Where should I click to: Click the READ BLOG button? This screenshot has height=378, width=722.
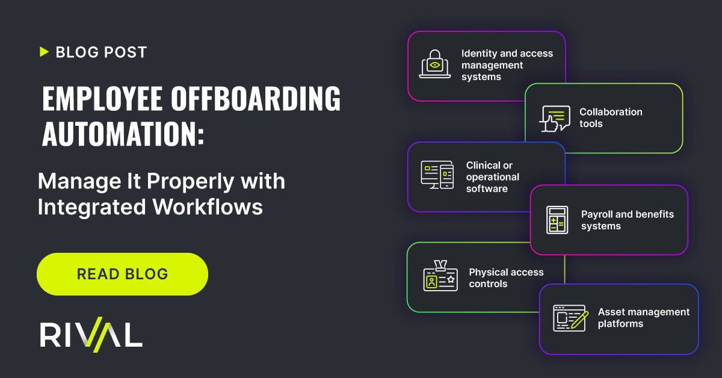coord(122,274)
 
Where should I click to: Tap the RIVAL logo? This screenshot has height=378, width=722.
coord(91,335)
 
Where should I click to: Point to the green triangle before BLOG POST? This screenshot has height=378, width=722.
coord(44,52)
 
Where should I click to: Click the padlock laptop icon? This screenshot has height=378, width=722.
coord(435,65)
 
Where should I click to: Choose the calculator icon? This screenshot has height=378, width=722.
coord(557,220)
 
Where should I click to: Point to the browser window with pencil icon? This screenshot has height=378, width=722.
coord(570,318)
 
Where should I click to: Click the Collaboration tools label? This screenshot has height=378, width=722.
coord(611,118)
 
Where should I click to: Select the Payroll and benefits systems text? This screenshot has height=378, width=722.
coord(627,220)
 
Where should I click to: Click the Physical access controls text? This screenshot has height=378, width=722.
coord(506,278)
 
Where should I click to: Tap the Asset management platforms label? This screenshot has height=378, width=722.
coord(643,318)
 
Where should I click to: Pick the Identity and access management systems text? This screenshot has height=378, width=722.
coord(507,65)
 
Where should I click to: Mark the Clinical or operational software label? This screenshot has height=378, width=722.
coord(492,177)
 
